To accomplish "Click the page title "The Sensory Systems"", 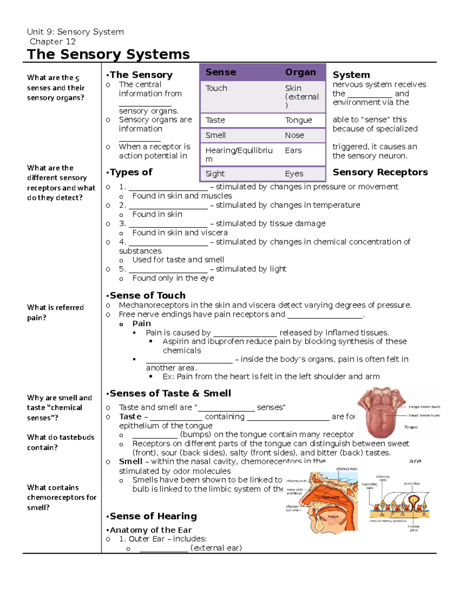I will (x=108, y=54).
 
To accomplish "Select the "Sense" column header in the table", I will (x=221, y=72).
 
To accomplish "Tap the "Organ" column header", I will (x=300, y=72).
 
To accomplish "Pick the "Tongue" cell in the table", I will (x=298, y=120).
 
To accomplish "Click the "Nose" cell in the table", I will (x=294, y=135).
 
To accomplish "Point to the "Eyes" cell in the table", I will (x=294, y=174).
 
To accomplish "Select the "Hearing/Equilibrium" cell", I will (x=239, y=154).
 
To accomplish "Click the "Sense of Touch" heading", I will (x=147, y=295).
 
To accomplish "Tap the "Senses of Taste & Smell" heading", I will (x=170, y=393).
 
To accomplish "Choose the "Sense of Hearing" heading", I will (x=153, y=516).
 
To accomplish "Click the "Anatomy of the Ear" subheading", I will (x=151, y=530).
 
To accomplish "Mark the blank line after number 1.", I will (x=168, y=188).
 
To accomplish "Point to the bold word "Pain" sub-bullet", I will (x=141, y=323).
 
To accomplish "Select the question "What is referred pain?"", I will (x=55, y=312).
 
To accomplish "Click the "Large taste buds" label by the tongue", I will (x=424, y=407).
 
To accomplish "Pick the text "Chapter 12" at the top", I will (x=53, y=41).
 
